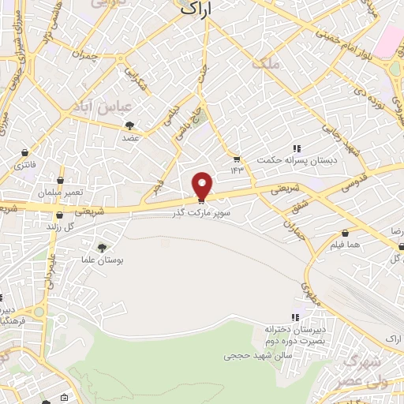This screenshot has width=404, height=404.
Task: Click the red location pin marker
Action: point(203,185)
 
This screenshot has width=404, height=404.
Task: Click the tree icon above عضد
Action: point(129,125)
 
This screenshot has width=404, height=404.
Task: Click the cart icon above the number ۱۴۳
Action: point(234,156)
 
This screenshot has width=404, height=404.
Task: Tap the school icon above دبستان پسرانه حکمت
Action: point(297,148)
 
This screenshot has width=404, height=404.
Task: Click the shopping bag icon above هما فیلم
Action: point(346,232)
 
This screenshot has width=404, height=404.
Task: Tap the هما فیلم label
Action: point(347,245)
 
